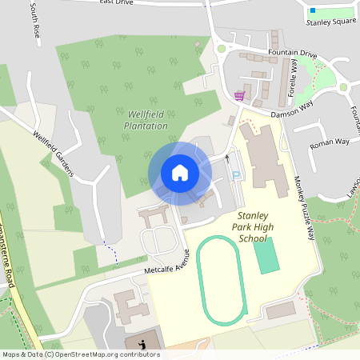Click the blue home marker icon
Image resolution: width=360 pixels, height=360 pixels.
tap(179, 173)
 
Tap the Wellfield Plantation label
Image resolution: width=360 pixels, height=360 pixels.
tap(146, 120)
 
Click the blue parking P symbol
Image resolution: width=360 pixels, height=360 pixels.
tap(235, 175)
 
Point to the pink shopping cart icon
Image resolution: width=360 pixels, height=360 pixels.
tap(239, 96)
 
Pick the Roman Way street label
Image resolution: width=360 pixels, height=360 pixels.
tap(330, 142)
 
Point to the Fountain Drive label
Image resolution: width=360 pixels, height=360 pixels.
tap(292, 54)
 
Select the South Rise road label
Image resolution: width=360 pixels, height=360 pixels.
tap(35, 22)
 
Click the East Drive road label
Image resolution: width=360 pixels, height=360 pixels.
tap(116, 2)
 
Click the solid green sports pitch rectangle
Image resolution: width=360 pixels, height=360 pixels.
tap(266, 254)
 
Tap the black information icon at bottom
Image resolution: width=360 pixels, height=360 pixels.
tap(142, 345)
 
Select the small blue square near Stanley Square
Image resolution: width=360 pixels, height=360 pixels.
tap(313, 10)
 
